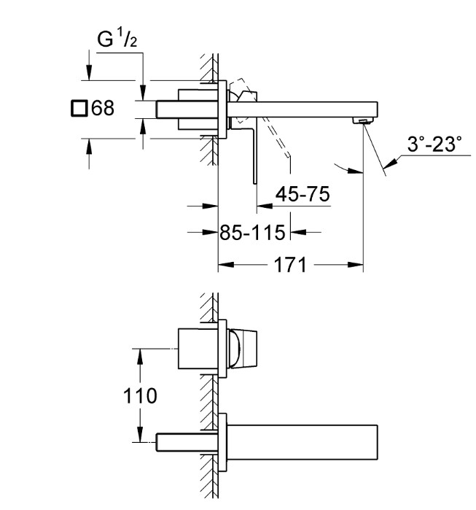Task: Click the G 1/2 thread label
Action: tap(117, 38)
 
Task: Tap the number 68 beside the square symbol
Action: tap(103, 108)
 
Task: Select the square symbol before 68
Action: tap(79, 108)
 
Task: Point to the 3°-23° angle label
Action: tap(434, 144)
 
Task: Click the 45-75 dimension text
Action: tap(303, 194)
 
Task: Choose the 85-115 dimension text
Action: tap(252, 232)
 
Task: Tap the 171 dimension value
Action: tap(290, 265)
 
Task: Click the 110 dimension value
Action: tap(140, 395)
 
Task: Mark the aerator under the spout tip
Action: tap(363, 121)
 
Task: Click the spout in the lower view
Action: tap(303, 442)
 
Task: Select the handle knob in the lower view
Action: tap(243, 349)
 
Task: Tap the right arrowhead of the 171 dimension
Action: tap(355, 265)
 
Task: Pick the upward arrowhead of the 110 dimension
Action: tap(140, 357)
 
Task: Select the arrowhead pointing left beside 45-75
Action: tap(265, 206)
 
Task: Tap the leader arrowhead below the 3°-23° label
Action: tap(390, 163)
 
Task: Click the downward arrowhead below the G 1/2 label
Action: tap(143, 93)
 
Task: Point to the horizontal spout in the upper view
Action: tap(303, 109)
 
